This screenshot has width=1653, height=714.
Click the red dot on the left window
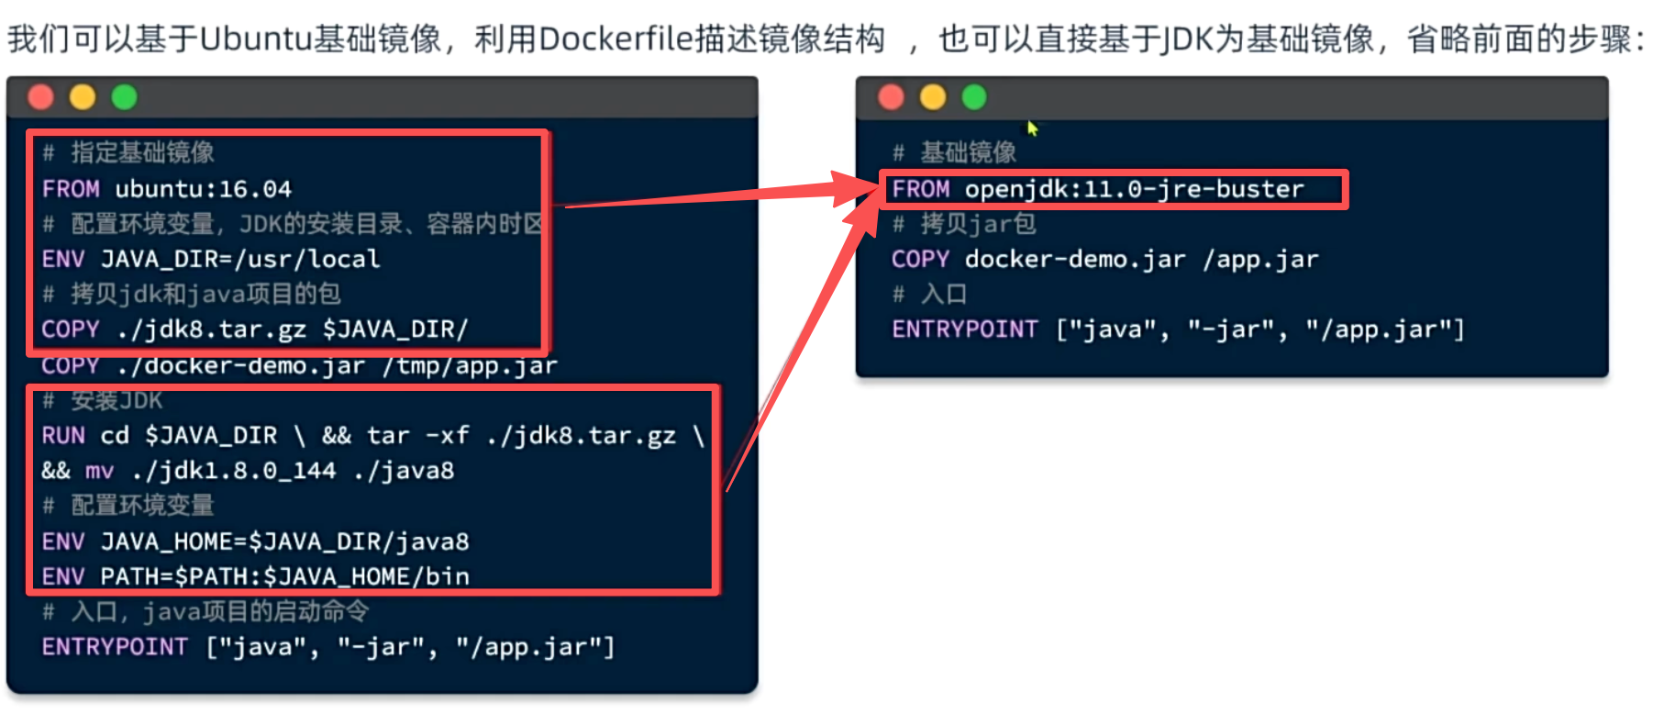[x=40, y=97]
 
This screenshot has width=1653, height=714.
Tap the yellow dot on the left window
[x=83, y=97]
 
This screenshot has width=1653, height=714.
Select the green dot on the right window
[x=974, y=97]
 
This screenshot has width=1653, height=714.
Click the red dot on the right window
[x=891, y=97]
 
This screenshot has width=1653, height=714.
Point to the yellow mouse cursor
[x=1032, y=128]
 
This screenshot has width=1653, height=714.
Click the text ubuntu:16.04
[x=203, y=189]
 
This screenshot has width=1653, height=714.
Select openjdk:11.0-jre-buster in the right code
[x=1134, y=189]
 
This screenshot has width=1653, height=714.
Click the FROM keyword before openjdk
[x=920, y=189]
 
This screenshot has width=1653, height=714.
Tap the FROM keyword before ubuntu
[x=71, y=189]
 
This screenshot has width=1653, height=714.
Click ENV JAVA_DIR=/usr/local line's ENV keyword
[x=62, y=259]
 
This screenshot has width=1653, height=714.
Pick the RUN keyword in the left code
[x=62, y=435]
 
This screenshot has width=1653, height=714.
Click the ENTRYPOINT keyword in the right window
[x=964, y=329]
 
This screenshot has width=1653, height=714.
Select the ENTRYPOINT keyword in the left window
[x=115, y=647]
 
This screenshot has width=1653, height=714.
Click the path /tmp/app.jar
[x=469, y=366]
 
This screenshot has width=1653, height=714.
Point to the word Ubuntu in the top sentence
[x=254, y=39]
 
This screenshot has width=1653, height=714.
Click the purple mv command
[x=99, y=471]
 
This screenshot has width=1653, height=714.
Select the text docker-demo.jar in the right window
[x=1074, y=260]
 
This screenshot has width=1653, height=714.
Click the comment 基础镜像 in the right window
[x=968, y=152]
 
